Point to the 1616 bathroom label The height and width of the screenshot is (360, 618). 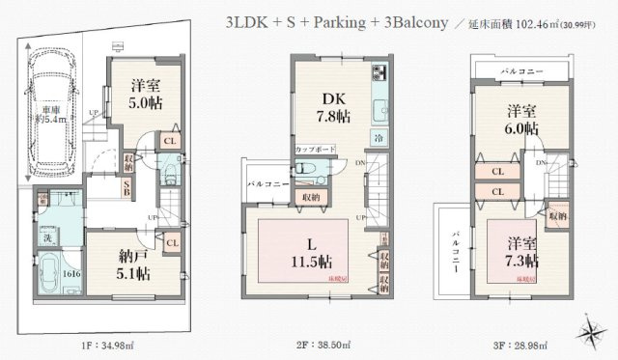46,274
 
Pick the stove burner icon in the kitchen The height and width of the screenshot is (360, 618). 378,72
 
